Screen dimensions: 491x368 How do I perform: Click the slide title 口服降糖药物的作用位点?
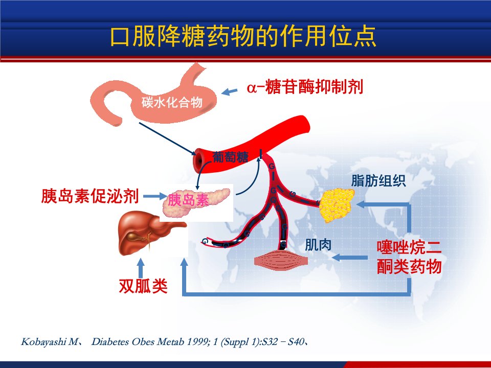(x=243, y=36)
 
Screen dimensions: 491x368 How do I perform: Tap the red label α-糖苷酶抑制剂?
(x=305, y=87)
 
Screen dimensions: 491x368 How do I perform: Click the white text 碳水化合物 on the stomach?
(x=172, y=102)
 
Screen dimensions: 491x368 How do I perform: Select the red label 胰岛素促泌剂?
(x=90, y=196)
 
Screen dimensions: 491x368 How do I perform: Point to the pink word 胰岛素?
(x=188, y=200)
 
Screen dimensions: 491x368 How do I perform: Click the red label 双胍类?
(x=143, y=285)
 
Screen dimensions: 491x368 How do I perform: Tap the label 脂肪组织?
(x=378, y=180)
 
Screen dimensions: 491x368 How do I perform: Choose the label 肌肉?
(x=318, y=245)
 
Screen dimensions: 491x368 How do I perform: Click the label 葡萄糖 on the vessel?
(x=231, y=157)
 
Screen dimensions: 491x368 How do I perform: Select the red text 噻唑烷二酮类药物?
(x=409, y=257)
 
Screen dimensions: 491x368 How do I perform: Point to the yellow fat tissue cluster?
(x=337, y=205)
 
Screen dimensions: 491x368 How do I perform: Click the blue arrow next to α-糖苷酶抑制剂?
(x=230, y=91)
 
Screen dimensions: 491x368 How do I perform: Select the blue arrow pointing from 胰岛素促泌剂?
(x=154, y=196)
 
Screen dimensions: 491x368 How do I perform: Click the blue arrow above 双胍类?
(x=141, y=268)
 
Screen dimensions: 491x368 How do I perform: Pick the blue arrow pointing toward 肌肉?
(x=349, y=258)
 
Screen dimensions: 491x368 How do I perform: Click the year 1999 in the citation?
(x=198, y=341)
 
